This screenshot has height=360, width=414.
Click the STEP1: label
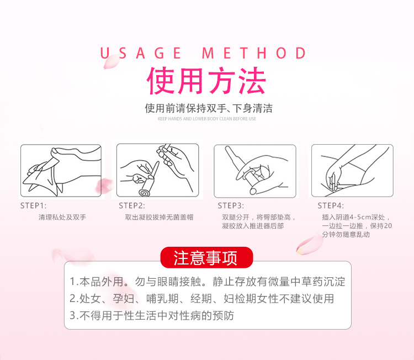(33, 206)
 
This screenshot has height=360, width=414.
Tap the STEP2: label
(132, 206)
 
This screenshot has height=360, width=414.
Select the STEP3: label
(231, 206)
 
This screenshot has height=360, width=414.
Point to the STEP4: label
(331, 206)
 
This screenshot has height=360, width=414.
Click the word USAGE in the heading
(141, 53)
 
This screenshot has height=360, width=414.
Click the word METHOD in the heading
(254, 53)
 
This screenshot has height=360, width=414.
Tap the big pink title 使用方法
(206, 81)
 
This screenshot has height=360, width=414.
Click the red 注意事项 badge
(206, 258)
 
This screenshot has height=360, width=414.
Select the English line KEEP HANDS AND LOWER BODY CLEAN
(207, 119)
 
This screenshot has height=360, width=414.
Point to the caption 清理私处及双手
(62, 218)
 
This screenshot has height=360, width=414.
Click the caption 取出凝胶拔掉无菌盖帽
(159, 218)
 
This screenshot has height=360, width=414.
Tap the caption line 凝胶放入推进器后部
(253, 226)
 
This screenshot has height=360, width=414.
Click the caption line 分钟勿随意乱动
(346, 235)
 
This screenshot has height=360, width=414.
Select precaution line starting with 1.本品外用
(208, 282)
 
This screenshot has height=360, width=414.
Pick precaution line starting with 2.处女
(202, 299)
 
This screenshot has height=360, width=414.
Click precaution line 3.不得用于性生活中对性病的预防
(152, 316)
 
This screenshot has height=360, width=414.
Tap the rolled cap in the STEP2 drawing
(145, 193)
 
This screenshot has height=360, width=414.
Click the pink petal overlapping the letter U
(111, 62)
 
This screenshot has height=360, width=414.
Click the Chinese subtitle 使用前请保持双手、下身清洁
(209, 108)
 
